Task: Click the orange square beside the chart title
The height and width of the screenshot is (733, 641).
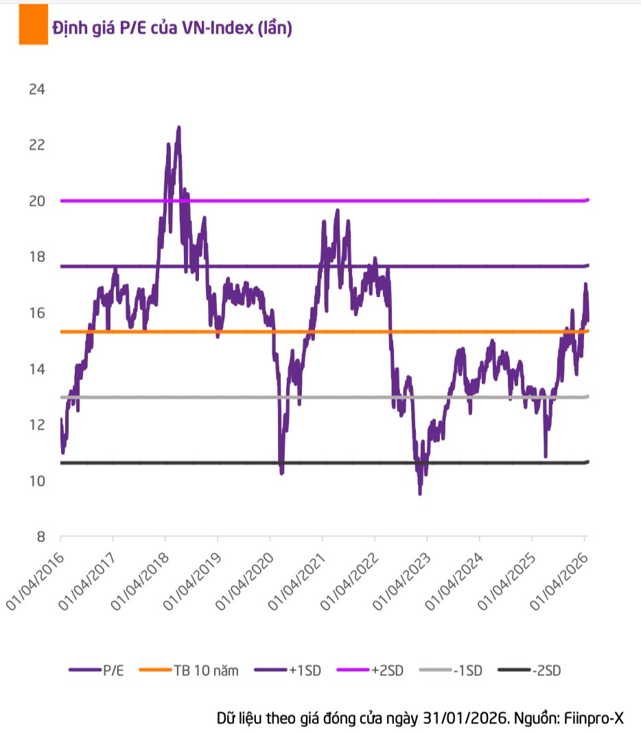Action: (33, 25)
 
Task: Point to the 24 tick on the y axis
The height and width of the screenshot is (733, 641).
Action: (36, 89)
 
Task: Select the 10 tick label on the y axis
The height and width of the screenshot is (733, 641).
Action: (36, 481)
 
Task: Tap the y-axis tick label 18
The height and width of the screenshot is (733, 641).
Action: (36, 257)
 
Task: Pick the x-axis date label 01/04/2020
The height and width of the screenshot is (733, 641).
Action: (244, 577)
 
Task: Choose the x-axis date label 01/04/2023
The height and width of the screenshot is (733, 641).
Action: (401, 577)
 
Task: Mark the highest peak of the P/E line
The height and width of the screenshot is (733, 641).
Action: (178, 127)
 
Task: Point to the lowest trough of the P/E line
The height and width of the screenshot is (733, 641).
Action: (420, 493)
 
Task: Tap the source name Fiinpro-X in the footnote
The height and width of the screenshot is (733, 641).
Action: (594, 718)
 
